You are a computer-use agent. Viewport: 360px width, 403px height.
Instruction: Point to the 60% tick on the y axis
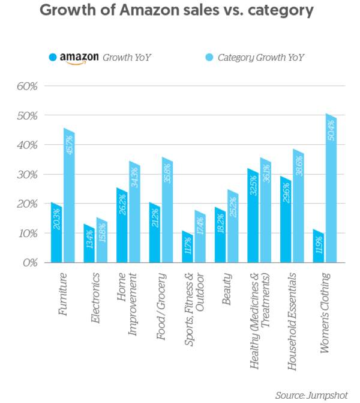[26, 86]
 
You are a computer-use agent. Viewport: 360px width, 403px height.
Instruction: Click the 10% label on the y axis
[26, 233]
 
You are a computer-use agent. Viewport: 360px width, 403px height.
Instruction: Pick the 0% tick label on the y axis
[29, 262]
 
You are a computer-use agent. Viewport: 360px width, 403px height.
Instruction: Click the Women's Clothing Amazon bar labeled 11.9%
[317, 246]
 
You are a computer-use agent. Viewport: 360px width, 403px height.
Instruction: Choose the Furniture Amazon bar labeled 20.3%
[56, 234]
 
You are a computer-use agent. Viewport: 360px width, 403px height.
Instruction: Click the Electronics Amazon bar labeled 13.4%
[89, 244]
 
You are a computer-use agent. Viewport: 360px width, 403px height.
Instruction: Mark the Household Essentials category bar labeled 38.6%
[298, 207]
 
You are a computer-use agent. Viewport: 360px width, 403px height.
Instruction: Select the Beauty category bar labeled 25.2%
[233, 227]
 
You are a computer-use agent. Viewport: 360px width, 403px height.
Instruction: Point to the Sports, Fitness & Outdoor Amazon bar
[187, 247]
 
